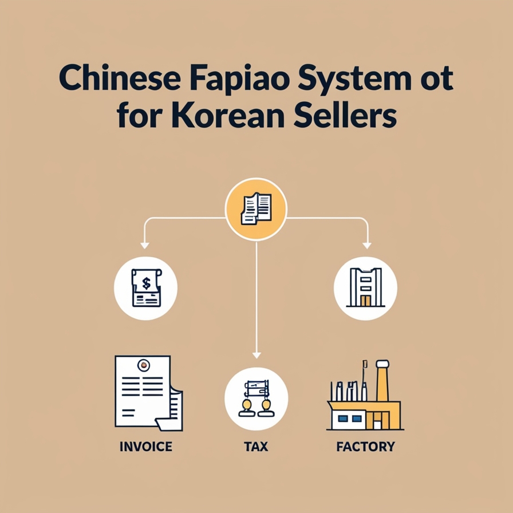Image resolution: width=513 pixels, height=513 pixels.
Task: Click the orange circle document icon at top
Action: [256, 208]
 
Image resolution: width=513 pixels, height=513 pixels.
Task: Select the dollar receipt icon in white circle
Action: [145, 288]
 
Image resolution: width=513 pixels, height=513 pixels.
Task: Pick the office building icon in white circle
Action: [365, 288]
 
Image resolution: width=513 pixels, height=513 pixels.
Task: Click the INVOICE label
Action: [146, 446]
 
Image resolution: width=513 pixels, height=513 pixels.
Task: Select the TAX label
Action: [256, 446]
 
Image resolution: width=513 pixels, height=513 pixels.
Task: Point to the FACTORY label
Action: [366, 446]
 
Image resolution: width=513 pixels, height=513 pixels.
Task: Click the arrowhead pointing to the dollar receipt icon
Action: [145, 244]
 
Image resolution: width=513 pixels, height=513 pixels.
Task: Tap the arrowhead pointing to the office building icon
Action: [367, 244]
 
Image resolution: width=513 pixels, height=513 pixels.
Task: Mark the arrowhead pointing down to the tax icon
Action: [256, 354]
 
